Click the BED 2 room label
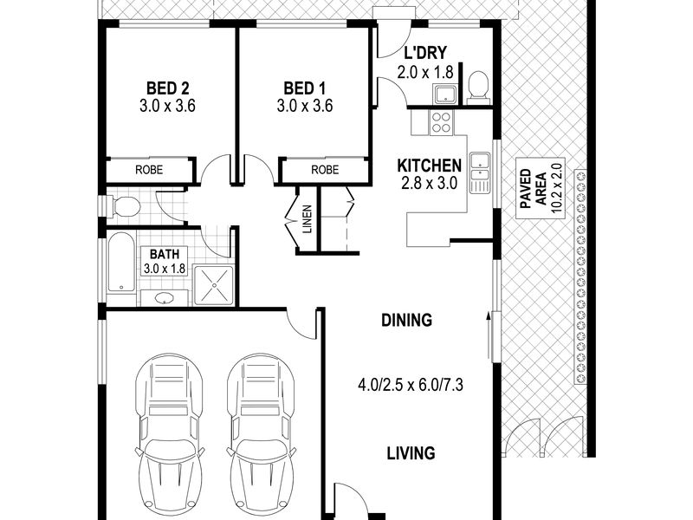167,88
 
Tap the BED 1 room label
305,88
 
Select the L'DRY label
425,53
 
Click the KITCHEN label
429,166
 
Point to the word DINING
406,320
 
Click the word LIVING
411,453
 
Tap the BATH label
165,254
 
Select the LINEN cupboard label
308,219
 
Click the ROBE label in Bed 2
149,170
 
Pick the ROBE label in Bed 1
325,170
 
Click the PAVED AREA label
534,189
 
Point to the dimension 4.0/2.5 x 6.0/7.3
411,385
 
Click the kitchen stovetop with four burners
442,122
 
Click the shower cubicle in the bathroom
213,285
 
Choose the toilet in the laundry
477,86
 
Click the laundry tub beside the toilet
446,94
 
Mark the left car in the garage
170,435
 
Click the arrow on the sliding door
489,336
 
